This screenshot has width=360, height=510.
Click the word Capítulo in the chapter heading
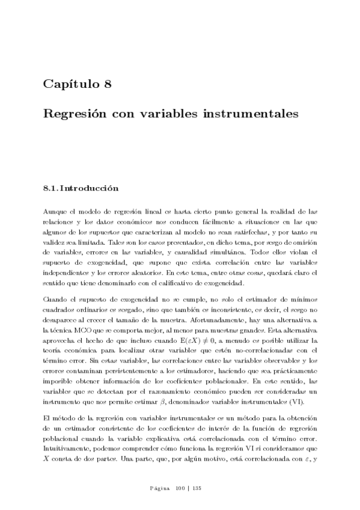pyautogui.click(x=71, y=84)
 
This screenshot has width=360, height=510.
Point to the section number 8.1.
pyautogui.click(x=49, y=188)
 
